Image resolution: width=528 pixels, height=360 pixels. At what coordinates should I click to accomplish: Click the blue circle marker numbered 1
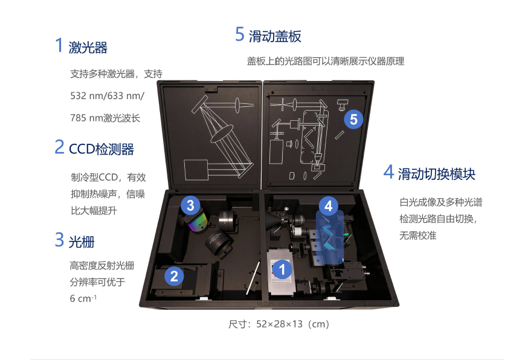(282, 269)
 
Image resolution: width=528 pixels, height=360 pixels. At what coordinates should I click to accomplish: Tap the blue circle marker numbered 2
(174, 277)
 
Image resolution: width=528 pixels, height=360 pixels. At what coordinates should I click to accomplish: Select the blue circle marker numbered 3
(190, 205)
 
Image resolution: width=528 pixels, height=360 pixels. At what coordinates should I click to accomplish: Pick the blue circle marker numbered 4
(328, 206)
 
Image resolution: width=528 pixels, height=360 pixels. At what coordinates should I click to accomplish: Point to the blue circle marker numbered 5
(353, 119)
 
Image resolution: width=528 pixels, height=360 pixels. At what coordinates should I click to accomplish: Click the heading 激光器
(88, 48)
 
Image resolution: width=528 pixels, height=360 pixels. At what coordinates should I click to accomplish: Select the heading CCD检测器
(101, 149)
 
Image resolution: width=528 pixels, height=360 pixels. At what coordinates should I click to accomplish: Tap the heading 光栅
(82, 242)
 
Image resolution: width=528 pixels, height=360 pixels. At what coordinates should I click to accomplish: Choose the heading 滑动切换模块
(436, 174)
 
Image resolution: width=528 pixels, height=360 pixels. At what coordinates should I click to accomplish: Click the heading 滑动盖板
(275, 36)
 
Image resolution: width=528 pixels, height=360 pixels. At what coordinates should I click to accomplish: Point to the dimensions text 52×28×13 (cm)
(292, 324)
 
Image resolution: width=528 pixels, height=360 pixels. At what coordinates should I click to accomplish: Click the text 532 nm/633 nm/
(107, 96)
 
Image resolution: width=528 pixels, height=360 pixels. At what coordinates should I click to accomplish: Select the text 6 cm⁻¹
(83, 298)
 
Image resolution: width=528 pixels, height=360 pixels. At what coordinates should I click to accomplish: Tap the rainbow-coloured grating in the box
(198, 223)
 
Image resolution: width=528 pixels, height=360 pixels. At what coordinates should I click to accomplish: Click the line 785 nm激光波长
(105, 118)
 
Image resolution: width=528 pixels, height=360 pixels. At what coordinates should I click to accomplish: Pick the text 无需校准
(418, 236)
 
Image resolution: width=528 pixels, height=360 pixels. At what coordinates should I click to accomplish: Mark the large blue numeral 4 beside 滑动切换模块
(389, 172)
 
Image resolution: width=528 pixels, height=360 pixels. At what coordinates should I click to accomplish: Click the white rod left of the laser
(253, 278)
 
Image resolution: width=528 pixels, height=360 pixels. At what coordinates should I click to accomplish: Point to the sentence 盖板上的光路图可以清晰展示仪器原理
(326, 61)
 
